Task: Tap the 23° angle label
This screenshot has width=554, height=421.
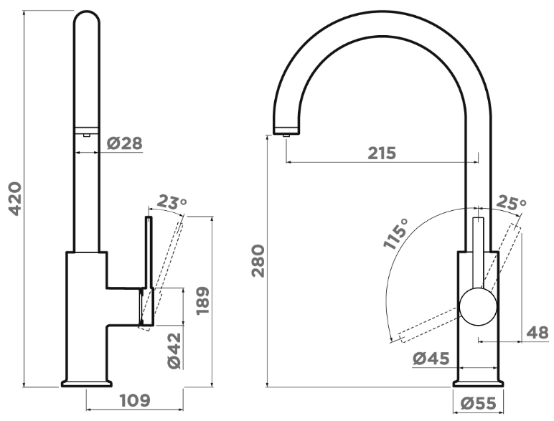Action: pyautogui.click(x=172, y=203)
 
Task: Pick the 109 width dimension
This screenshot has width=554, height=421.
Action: pyautogui.click(x=134, y=399)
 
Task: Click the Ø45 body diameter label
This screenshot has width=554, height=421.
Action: pyautogui.click(x=431, y=357)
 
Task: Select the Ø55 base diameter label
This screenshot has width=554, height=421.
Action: pyautogui.click(x=479, y=404)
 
